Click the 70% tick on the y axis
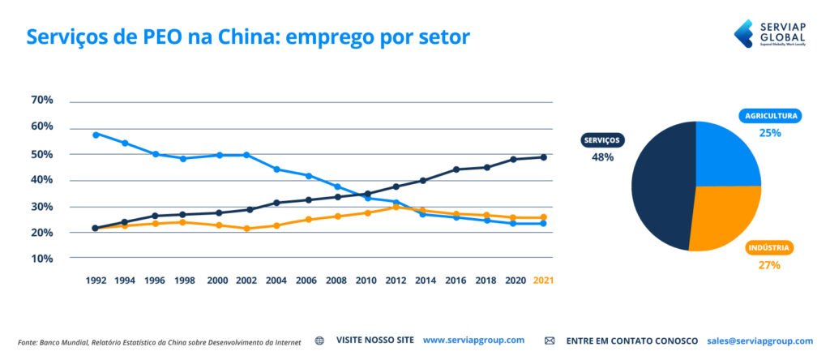point(42,101)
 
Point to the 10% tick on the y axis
point(42,259)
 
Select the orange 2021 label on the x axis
point(543,280)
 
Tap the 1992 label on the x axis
point(96,280)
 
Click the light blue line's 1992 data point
point(96,135)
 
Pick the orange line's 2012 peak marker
point(395,207)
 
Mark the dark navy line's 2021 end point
point(543,157)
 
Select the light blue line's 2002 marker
point(246,155)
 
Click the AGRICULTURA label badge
point(771,116)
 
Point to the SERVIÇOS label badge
point(601,140)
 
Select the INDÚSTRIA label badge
point(769,248)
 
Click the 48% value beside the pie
point(602,157)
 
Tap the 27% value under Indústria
point(769,265)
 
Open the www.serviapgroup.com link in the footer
point(473,341)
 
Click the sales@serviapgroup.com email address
point(759,341)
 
